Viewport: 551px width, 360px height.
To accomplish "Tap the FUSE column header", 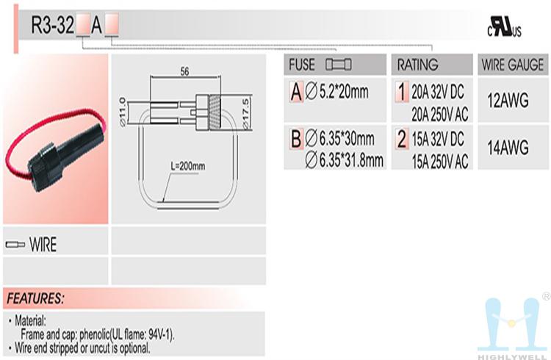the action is pos(302,65).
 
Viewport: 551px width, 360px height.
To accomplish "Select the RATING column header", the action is pos(417,65).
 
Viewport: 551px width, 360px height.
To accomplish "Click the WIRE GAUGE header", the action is pos(513,65).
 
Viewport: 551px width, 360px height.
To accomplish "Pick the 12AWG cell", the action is pos(508,101).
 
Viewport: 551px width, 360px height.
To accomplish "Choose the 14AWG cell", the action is pos(508,147).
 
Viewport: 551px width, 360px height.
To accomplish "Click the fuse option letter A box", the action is pos(296,92).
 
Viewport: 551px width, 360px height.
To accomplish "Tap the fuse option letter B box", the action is pos(296,139).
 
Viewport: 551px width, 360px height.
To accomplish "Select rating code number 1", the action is pos(402,92).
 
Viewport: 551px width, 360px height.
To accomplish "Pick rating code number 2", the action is pos(402,139).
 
